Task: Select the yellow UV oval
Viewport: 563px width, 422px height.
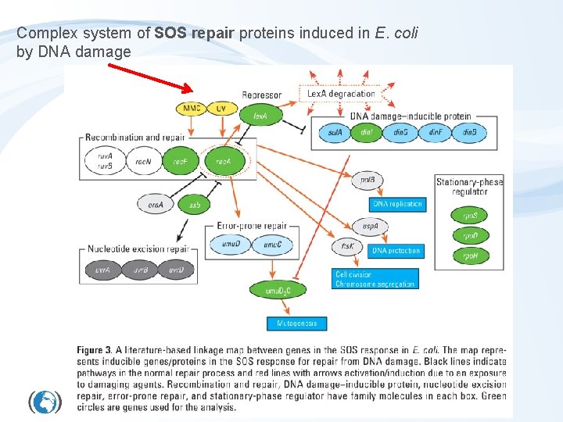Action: pyautogui.click(x=221, y=108)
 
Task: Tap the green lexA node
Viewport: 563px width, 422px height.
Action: pyautogui.click(x=260, y=116)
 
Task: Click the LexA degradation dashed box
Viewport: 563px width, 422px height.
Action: pyautogui.click(x=341, y=94)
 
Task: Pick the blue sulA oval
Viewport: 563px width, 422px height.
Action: pyautogui.click(x=335, y=133)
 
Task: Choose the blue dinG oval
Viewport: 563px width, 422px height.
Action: pyautogui.click(x=401, y=133)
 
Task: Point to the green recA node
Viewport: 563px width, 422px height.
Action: pyautogui.click(x=224, y=162)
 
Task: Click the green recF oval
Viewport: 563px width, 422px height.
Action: pyautogui.click(x=181, y=162)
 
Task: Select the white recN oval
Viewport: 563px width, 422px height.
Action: pyautogui.click(x=143, y=162)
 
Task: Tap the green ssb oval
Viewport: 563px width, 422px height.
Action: pyautogui.click(x=195, y=205)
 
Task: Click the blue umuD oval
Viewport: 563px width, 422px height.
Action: pyautogui.click(x=231, y=245)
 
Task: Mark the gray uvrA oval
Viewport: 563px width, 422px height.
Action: pyautogui.click(x=103, y=270)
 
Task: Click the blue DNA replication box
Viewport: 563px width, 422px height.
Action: pyautogui.click(x=397, y=204)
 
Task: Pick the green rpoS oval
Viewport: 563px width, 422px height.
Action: pyautogui.click(x=472, y=215)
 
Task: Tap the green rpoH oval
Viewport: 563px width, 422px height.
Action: pyautogui.click(x=472, y=256)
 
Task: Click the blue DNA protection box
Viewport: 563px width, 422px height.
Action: pyautogui.click(x=396, y=251)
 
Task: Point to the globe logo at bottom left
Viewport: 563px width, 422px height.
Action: pyautogui.click(x=45, y=402)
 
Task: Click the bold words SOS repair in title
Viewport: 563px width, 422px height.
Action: pyautogui.click(x=195, y=34)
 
